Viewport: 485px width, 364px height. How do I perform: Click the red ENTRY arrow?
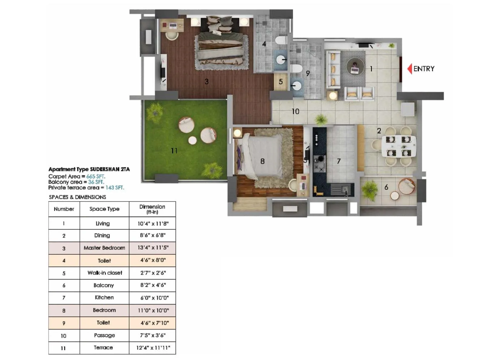pos(410,69)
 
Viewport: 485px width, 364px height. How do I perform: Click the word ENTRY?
pos(424,69)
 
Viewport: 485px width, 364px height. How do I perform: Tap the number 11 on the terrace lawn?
pos(174,151)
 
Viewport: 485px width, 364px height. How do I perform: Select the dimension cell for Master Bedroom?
pos(152,248)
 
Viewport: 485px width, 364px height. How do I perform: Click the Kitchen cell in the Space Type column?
pos(104,298)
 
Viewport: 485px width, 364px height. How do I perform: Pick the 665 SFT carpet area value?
pos(96,176)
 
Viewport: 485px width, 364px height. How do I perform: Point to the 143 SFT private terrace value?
pos(115,187)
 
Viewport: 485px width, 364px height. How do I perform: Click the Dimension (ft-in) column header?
pos(152,209)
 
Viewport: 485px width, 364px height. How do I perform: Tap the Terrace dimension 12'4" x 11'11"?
pos(152,348)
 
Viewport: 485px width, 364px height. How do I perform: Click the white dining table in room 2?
pos(399,146)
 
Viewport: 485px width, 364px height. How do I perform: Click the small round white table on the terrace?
pos(192,140)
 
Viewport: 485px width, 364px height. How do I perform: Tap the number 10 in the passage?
pos(295,112)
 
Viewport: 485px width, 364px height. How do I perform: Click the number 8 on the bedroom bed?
pos(263,161)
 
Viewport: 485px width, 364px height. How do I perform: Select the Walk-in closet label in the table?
pos(105,273)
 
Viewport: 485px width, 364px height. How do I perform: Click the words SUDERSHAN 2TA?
pos(110,169)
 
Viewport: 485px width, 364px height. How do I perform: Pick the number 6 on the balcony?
pos(386,187)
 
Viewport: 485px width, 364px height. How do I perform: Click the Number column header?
pos(64,209)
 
